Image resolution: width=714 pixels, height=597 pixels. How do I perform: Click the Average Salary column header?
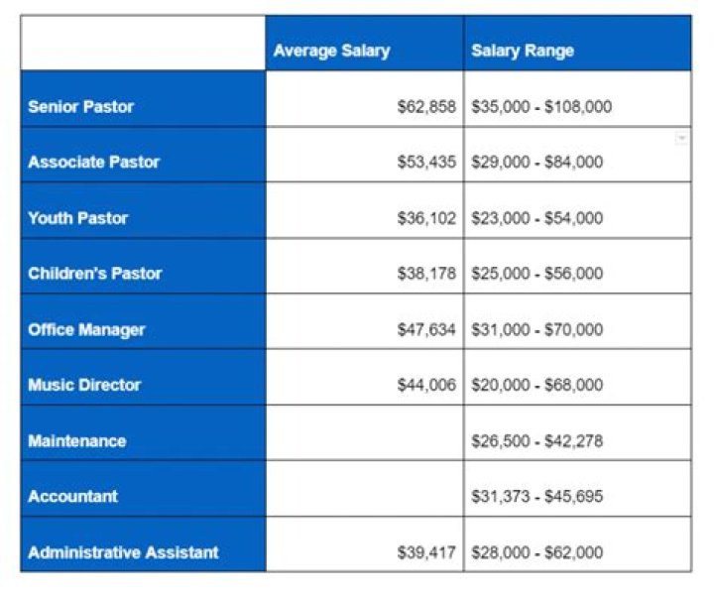331,51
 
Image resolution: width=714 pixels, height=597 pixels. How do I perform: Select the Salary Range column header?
522,51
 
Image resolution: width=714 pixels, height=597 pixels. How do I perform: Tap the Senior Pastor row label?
80,106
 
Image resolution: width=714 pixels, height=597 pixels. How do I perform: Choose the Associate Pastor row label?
93,162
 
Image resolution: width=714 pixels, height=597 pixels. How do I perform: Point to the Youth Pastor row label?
77,217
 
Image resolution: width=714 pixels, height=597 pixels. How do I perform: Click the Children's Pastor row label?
94,273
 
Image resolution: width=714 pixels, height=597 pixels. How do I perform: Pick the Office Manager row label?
86,329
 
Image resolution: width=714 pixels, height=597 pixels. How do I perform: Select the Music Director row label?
84,385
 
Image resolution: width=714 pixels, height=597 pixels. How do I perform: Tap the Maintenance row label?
76,440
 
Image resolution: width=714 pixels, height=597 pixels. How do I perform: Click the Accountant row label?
72,496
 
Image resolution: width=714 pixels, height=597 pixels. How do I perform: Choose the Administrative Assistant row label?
123,552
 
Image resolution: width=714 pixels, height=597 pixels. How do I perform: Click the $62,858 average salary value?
426,107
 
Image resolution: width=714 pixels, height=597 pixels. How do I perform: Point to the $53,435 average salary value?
426,163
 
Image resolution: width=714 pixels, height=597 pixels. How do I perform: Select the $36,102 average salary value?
426,218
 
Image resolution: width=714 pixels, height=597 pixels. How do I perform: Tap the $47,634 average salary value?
426,329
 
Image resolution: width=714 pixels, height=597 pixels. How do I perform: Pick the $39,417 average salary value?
426,552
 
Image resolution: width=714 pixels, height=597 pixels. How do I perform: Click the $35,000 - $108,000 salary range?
540,107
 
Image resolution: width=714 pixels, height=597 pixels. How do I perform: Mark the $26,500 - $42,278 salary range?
536,441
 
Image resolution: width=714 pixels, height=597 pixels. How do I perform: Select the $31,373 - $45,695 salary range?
536,497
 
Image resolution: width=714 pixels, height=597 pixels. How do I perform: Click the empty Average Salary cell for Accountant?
364,496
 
